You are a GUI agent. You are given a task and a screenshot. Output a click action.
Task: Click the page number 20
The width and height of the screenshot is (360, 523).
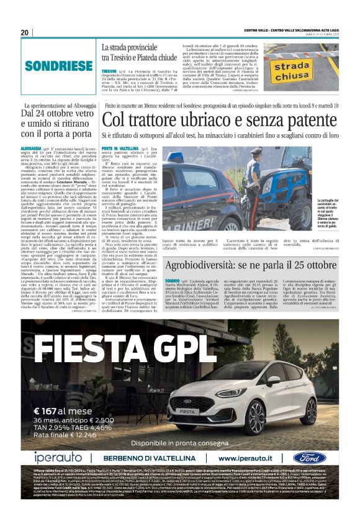click(x=25, y=32)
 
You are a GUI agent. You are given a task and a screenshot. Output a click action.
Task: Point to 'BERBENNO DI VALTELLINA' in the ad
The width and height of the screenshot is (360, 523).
click(x=146, y=458)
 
